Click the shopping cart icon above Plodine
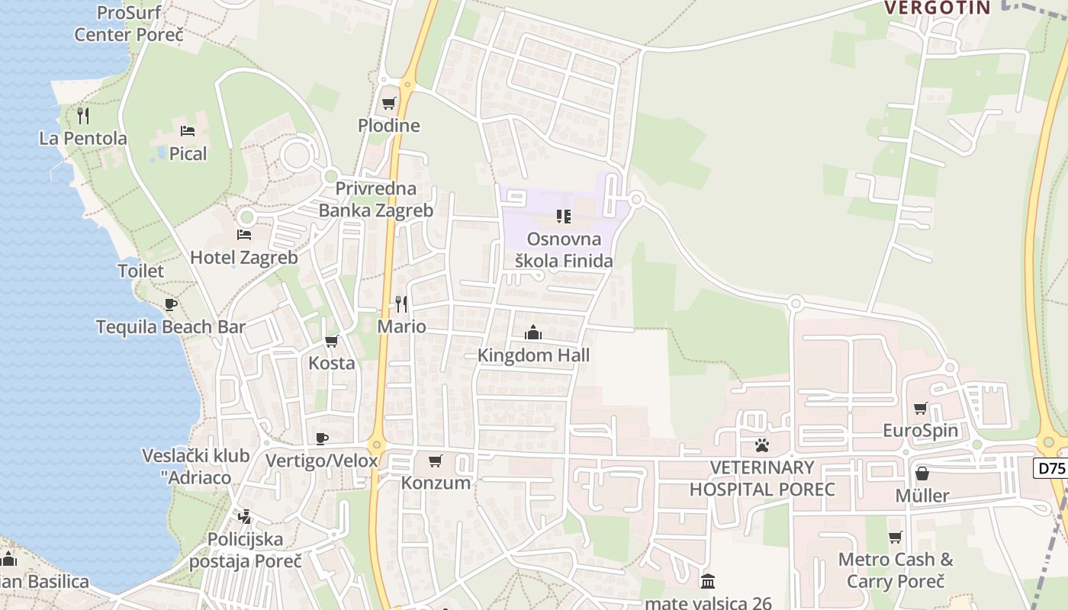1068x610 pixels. click(x=389, y=103)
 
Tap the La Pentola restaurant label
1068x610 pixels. click(x=83, y=139)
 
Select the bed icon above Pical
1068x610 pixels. click(x=188, y=131)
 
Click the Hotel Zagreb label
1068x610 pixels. click(x=244, y=258)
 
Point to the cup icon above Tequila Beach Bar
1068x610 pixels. click(x=171, y=305)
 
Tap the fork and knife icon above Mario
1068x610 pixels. click(x=401, y=304)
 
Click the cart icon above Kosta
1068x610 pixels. click(x=331, y=341)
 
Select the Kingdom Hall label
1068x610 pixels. click(x=533, y=355)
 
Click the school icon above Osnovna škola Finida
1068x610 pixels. click(x=564, y=217)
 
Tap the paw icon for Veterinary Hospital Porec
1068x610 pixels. click(x=761, y=445)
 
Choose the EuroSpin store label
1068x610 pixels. click(x=920, y=431)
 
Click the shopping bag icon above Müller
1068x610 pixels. click(x=922, y=474)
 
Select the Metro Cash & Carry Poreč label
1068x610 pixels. click(x=896, y=570)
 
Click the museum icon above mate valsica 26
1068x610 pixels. click(x=708, y=581)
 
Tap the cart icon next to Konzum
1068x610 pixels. click(x=435, y=461)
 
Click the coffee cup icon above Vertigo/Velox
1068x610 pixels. click(x=321, y=438)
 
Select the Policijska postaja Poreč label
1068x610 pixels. click(x=246, y=550)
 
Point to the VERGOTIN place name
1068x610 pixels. click(x=937, y=8)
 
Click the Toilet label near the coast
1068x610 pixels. click(x=140, y=271)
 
